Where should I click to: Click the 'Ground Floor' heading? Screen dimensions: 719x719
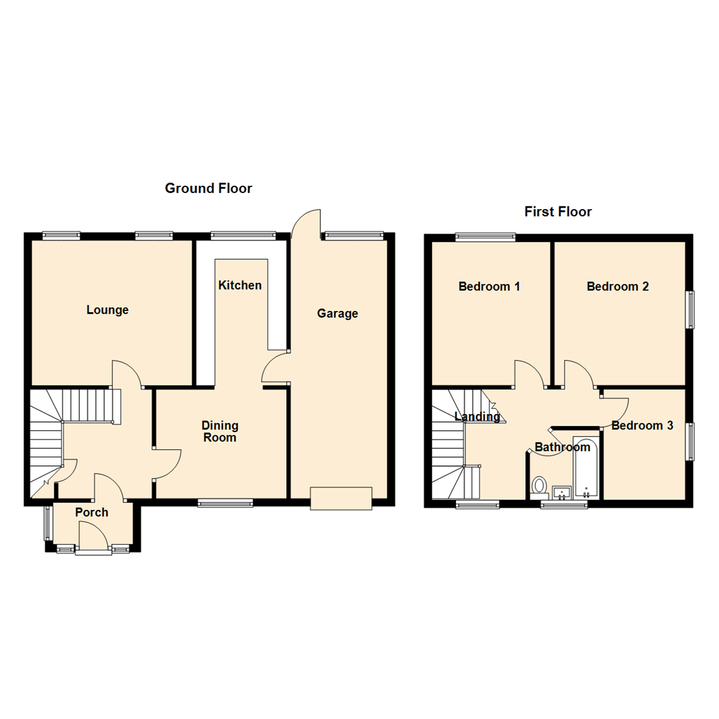[x=208, y=188]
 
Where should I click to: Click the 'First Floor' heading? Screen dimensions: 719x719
[x=558, y=212]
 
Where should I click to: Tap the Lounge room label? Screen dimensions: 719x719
[x=107, y=310]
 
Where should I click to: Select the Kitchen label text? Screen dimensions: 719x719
[x=240, y=285]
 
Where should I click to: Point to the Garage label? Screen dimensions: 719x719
[x=337, y=313]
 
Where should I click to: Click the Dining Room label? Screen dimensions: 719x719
[x=220, y=431]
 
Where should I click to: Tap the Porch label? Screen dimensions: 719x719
[x=91, y=512]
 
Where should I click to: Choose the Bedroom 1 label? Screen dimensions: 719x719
[x=489, y=286]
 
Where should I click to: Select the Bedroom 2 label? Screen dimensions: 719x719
[x=617, y=286]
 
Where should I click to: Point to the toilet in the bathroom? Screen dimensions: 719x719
[x=539, y=486]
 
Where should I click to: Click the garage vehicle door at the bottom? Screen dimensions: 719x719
[x=341, y=499]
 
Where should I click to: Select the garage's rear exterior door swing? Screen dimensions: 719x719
[x=306, y=223]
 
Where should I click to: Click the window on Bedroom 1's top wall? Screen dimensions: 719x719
[x=485, y=236]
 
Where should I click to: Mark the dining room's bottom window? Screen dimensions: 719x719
[x=226, y=504]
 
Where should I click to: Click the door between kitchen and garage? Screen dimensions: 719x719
[x=276, y=368]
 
